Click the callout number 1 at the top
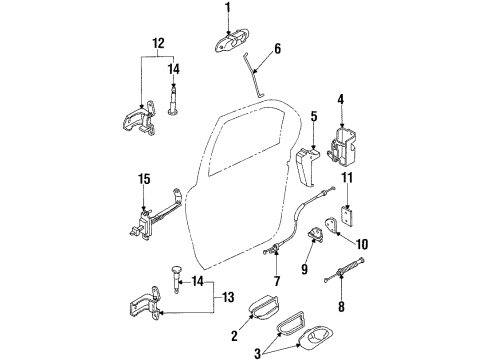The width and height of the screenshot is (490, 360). (x=228, y=8)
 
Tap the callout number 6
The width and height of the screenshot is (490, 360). (x=277, y=49)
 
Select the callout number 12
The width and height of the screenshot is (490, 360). (x=158, y=43)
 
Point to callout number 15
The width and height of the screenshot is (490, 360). (x=144, y=179)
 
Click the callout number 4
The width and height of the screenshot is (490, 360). (x=340, y=99)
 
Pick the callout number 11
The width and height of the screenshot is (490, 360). (x=347, y=177)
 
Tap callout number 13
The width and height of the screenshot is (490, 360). (x=228, y=297)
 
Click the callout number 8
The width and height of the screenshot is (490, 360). (x=341, y=307)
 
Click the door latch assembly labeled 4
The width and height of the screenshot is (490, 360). (x=342, y=146)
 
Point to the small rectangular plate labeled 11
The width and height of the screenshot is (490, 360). (x=347, y=216)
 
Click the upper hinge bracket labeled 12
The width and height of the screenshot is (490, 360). (x=139, y=118)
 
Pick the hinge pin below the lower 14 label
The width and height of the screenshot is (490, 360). (x=176, y=279)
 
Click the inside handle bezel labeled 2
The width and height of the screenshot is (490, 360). (x=263, y=305)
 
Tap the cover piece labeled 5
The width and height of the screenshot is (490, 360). (x=307, y=166)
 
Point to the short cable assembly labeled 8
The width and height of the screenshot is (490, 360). (x=344, y=270)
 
